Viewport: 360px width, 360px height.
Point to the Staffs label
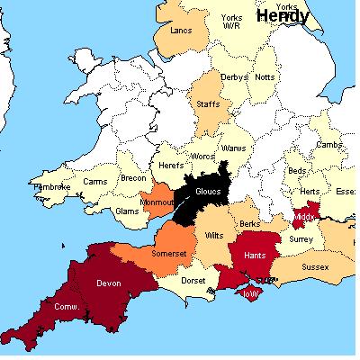pos(207,106)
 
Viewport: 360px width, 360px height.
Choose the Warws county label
pos(233,148)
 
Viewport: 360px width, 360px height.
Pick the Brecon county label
pos(133,179)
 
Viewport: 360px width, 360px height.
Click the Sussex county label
pos(314,267)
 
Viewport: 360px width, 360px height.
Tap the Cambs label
pos(328,144)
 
